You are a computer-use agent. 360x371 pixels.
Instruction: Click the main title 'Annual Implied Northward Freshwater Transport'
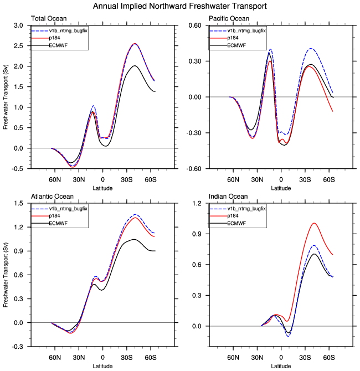180,6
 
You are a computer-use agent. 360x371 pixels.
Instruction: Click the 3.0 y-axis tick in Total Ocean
18,25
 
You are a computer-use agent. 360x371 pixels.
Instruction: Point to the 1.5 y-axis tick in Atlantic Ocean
18,204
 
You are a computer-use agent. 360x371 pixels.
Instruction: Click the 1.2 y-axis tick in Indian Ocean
196,204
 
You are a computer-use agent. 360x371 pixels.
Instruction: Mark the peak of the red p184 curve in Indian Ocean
314,223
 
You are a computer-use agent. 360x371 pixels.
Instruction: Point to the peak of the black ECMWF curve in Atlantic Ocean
133,239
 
